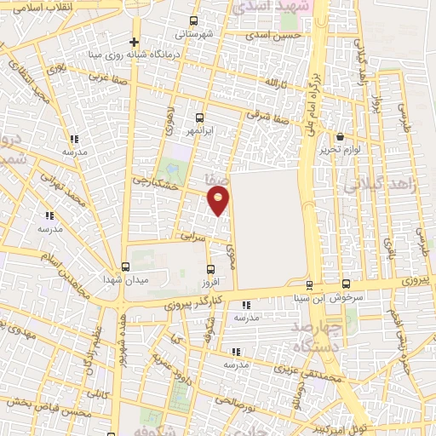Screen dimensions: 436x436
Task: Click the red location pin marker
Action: (220, 200)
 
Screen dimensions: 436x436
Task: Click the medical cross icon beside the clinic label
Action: (134, 42)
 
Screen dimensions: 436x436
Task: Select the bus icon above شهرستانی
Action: (195, 21)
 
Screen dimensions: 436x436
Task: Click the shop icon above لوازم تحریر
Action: (341, 136)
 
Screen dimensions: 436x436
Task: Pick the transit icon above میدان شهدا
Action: (125, 267)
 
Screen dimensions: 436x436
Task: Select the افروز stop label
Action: (209, 281)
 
